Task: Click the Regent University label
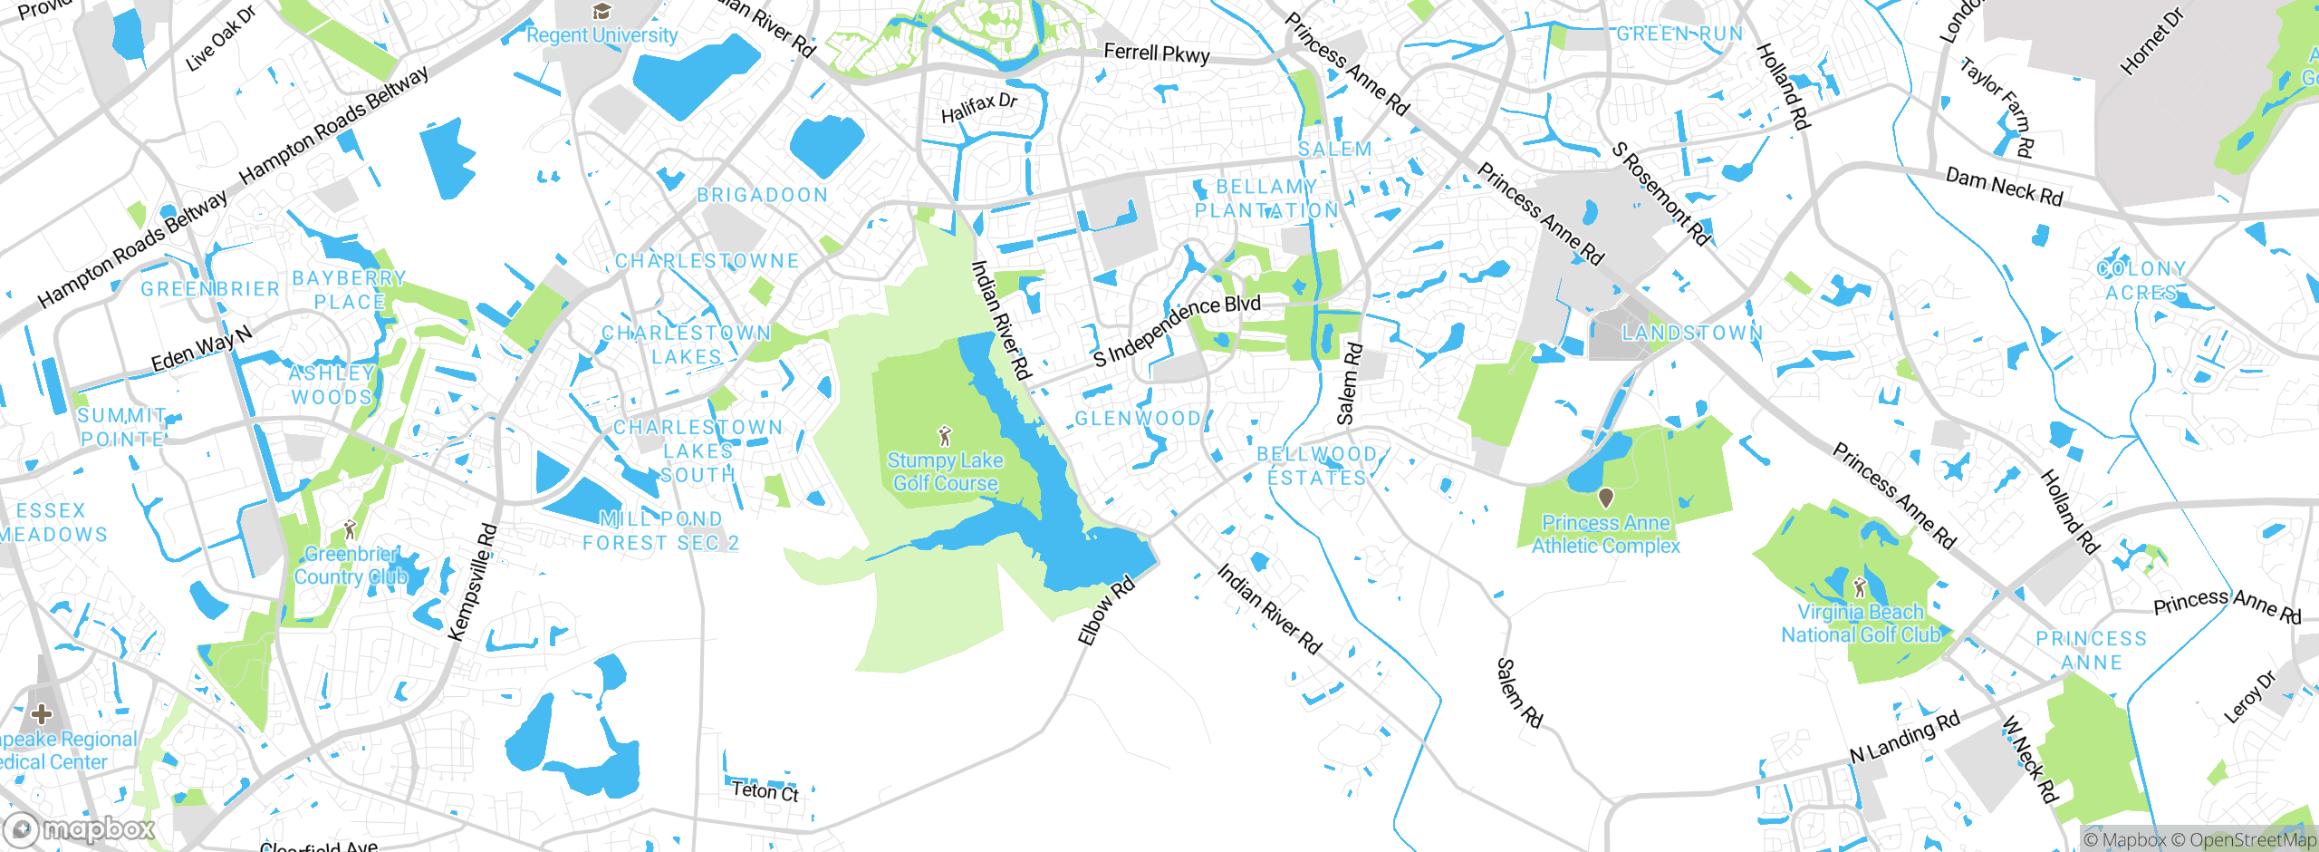(601, 35)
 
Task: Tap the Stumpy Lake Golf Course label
(945, 472)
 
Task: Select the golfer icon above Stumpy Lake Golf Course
(945, 436)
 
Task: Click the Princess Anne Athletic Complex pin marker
(1605, 498)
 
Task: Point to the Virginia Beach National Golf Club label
(1861, 624)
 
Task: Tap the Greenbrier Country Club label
(351, 566)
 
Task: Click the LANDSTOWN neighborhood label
(1692, 333)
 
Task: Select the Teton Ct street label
(765, 791)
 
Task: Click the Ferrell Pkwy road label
(1157, 53)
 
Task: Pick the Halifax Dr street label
(978, 109)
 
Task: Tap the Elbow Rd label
(1105, 612)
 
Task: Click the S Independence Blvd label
(1176, 331)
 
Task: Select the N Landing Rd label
(1904, 738)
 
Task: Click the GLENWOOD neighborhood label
(1138, 419)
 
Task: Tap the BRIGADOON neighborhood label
(762, 195)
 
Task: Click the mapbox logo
(80, 829)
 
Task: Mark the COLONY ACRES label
(2141, 281)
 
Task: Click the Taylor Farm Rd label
(1998, 107)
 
